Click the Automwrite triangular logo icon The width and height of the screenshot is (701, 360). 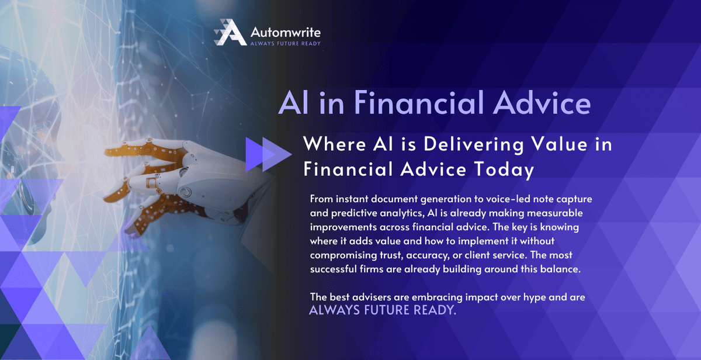230,33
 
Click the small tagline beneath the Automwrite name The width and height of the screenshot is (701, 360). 284,43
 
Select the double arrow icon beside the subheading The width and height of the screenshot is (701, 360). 268,154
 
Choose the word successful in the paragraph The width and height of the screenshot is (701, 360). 334,269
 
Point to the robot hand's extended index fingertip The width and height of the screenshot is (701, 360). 108,154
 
